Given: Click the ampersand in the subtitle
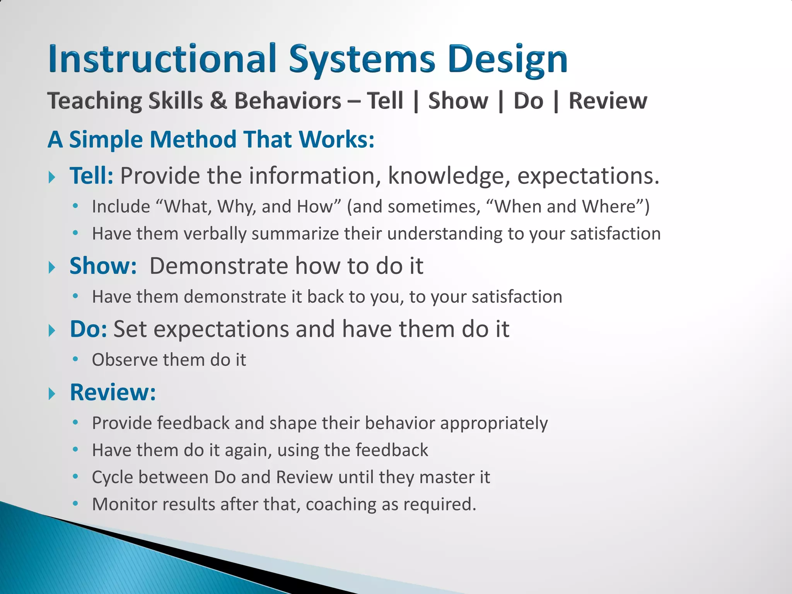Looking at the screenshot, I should tap(218, 101).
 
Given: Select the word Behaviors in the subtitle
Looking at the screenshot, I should tap(288, 101).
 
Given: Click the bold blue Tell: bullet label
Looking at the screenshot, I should tap(91, 176).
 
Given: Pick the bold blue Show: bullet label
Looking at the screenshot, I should tap(103, 266).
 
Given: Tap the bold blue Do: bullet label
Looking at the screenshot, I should tap(88, 329).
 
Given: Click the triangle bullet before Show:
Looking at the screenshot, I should tap(52, 267).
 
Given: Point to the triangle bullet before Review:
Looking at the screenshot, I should tap(52, 394).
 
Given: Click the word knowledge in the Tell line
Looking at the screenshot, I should tap(446, 176).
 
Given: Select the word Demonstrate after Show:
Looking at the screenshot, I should tap(219, 266).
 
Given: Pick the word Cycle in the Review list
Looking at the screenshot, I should tap(113, 477).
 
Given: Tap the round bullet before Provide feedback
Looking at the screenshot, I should tap(75, 422).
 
